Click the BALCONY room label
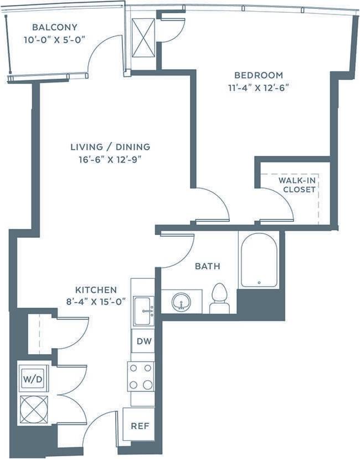(54, 27)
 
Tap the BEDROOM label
(259, 75)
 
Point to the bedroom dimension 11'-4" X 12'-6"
(259, 88)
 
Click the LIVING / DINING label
(110, 147)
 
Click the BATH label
(207, 267)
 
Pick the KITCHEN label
(96, 290)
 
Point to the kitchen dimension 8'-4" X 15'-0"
(96, 302)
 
